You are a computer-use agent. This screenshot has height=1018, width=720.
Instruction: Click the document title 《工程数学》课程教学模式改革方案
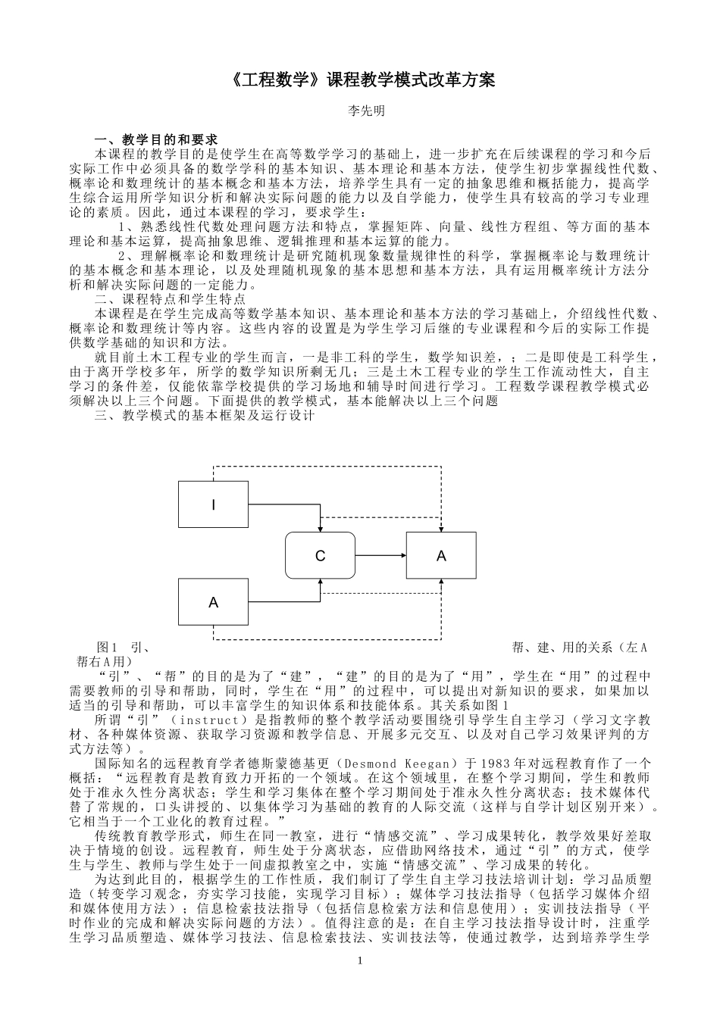[x=359, y=80]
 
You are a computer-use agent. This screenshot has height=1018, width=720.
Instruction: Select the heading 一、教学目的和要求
[x=155, y=140]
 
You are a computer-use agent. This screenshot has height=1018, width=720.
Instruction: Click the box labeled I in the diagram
[x=213, y=504]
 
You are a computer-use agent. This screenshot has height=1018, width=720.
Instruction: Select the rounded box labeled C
[x=320, y=556]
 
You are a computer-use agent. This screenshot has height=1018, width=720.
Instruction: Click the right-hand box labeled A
[x=441, y=556]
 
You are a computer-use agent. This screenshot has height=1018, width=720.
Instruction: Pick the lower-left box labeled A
[x=213, y=602]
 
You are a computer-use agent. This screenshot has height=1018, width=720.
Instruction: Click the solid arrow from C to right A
[x=380, y=556]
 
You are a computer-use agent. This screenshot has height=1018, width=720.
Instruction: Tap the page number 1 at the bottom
[x=361, y=961]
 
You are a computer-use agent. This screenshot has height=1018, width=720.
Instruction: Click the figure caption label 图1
[x=106, y=648]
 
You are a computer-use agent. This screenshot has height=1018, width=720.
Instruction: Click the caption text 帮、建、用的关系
[x=562, y=648]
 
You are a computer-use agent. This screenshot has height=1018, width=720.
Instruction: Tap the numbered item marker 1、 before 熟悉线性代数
[x=127, y=226]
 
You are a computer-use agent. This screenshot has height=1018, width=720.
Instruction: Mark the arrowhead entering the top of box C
[x=321, y=529]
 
